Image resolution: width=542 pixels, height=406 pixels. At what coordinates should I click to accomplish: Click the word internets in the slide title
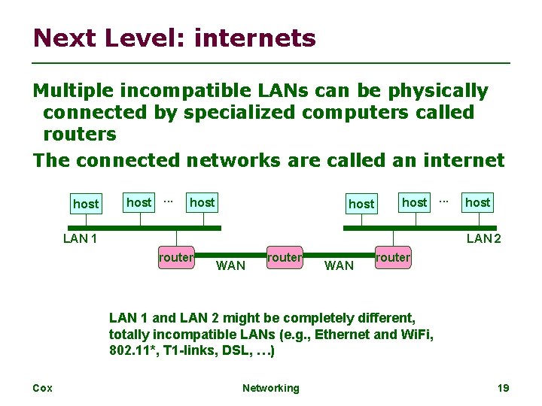point(254,38)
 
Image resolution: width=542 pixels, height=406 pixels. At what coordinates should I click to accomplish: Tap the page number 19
point(504,388)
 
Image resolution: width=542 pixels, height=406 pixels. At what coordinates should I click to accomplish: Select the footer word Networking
point(270,388)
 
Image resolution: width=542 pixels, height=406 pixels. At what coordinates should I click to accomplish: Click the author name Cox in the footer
point(42,388)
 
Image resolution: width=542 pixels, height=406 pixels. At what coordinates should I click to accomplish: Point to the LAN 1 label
point(81,239)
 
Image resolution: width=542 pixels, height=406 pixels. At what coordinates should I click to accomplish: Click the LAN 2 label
point(484,239)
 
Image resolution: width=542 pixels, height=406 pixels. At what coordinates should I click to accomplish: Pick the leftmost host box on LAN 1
point(85,204)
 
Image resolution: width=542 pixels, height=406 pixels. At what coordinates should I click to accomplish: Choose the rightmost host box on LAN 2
point(477,202)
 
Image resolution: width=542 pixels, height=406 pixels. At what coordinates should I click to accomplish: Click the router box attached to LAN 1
point(176,258)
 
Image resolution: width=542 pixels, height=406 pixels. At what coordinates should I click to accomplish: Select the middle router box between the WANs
point(285,258)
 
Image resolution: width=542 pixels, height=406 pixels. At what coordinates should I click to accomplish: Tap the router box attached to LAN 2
point(393,258)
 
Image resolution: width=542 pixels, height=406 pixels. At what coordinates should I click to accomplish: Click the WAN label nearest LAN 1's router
point(230,265)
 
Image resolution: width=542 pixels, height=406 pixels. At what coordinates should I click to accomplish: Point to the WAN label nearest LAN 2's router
point(339,265)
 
